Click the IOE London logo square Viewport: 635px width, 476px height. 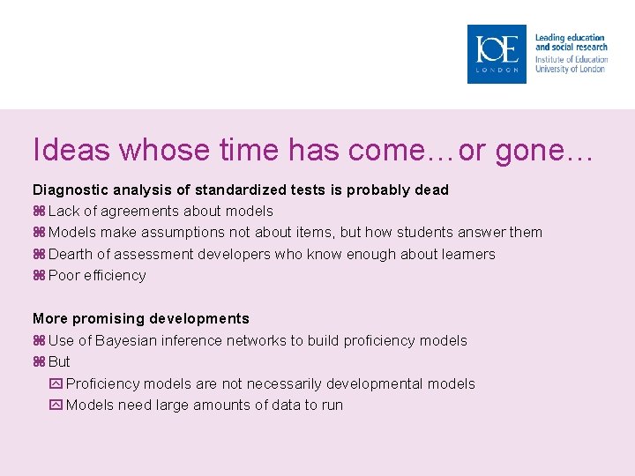click(x=497, y=54)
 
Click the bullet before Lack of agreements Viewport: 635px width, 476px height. click(x=39, y=212)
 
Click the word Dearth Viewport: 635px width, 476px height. click(x=71, y=254)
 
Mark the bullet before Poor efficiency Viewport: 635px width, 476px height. click(x=39, y=276)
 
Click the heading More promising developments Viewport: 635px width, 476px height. click(x=141, y=318)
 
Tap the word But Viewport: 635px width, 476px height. click(x=60, y=362)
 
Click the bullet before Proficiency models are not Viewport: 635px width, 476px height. click(x=56, y=383)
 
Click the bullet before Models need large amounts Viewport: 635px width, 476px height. click(x=56, y=405)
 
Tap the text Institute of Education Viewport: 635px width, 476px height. click(x=571, y=60)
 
